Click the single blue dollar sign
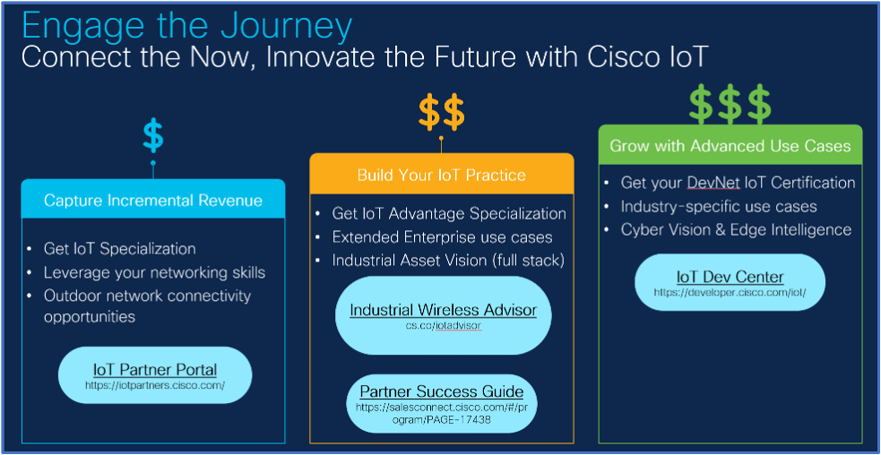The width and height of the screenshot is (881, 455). point(153,136)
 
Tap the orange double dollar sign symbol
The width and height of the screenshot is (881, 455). point(442,111)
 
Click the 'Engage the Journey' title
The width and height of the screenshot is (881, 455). point(187,26)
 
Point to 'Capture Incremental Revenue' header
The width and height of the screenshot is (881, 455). point(153,201)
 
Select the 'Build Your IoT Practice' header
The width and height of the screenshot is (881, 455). point(442,175)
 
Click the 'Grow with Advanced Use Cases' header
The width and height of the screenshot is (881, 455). point(730,146)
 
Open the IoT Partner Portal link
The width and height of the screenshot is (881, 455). point(155,370)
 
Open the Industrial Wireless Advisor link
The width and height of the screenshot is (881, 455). point(444,310)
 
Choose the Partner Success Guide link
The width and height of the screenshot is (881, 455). point(442,391)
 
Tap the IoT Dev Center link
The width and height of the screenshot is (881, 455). point(730,277)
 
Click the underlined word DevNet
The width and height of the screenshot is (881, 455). point(713,183)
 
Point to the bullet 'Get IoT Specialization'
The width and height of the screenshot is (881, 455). point(120,249)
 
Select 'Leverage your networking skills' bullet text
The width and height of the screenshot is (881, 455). point(154,272)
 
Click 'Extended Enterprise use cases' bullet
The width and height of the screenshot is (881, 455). point(442,237)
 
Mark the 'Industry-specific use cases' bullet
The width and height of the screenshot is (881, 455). point(719,207)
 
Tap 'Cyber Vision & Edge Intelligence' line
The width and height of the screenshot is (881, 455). point(736,230)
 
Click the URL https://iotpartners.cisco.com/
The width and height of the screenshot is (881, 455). point(155,385)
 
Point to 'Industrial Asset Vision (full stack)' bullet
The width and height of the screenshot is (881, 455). point(448,261)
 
